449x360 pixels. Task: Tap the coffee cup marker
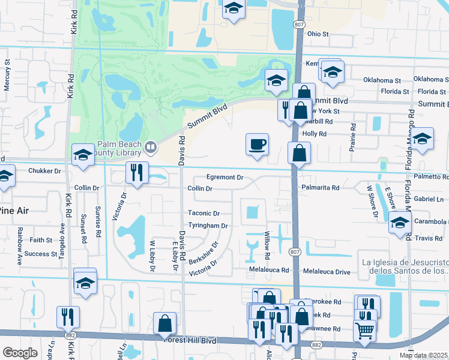click(257, 144)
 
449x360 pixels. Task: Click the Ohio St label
click(318, 34)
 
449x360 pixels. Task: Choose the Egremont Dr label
click(224, 178)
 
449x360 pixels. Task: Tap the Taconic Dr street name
click(204, 213)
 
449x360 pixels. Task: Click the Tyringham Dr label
click(208, 226)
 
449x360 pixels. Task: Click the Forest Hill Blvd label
click(190, 340)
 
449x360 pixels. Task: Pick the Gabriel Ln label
click(429, 199)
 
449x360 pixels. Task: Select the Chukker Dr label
click(44, 171)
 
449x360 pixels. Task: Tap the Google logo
click(20, 353)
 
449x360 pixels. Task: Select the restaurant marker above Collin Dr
click(136, 172)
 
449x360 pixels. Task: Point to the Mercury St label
click(7, 74)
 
